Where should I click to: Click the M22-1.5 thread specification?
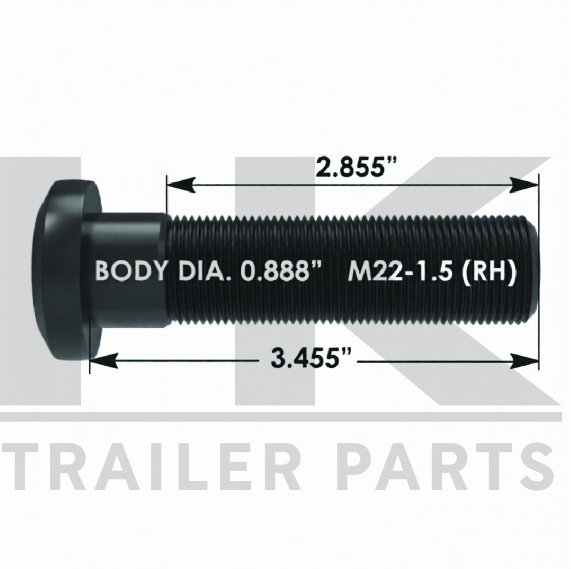click(401, 271)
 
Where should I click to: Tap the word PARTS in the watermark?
click(449, 467)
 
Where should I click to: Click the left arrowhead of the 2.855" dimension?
click(181, 186)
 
